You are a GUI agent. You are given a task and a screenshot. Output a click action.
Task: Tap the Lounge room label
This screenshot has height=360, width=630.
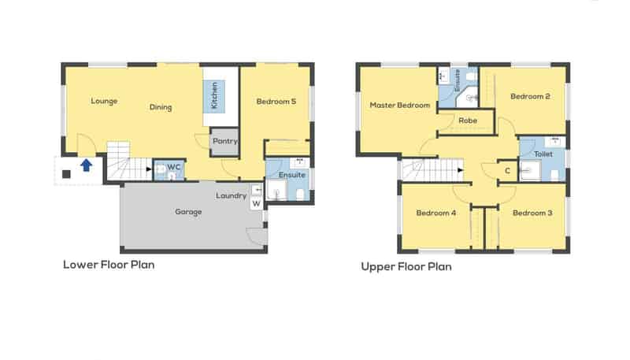click(x=104, y=101)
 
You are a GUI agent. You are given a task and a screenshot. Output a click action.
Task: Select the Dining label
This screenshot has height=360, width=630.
click(x=161, y=108)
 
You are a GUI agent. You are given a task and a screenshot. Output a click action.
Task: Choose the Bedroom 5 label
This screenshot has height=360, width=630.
click(x=276, y=101)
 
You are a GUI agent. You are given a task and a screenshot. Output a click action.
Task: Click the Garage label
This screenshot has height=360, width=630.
click(x=188, y=212)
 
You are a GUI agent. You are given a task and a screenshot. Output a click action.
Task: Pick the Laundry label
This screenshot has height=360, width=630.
click(x=231, y=195)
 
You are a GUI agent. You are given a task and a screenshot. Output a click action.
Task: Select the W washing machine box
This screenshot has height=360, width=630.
click(x=256, y=204)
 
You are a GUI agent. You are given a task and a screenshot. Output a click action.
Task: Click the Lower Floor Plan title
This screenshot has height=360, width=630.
click(x=109, y=265)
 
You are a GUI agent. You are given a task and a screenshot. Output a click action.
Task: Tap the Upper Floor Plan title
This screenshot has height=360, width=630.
click(x=406, y=267)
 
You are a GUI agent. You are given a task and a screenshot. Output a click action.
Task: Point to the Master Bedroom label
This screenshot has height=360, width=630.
click(x=400, y=105)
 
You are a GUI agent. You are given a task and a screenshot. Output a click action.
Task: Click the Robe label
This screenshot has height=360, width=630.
click(x=468, y=121)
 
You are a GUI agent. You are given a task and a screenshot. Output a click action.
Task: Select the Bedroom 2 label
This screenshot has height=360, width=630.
click(x=529, y=97)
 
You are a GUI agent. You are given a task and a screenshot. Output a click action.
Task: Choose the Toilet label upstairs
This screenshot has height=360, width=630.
click(x=543, y=154)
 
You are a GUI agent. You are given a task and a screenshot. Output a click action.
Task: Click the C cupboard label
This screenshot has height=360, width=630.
click(x=507, y=171)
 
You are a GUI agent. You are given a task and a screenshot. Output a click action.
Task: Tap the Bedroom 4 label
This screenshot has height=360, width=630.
click(x=435, y=213)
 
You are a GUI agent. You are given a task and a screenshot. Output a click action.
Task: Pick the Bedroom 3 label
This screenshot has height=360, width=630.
click(x=532, y=213)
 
